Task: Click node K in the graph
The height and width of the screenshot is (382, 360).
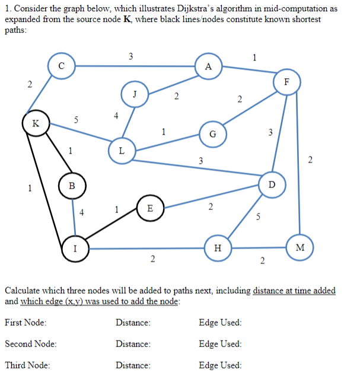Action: pyautogui.click(x=36, y=124)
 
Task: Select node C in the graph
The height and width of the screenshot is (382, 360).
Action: pyautogui.click(x=62, y=66)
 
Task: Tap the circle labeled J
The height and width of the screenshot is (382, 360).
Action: pyautogui.click(x=135, y=93)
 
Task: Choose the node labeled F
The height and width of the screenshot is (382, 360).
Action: pyautogui.click(x=286, y=82)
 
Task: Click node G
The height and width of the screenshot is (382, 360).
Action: pyautogui.click(x=212, y=133)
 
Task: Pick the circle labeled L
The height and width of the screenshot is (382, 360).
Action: pyautogui.click(x=121, y=151)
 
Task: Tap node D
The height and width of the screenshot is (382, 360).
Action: pyautogui.click(x=272, y=184)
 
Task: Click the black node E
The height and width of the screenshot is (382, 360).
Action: pyautogui.click(x=149, y=209)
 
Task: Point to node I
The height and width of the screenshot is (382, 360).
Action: pyautogui.click(x=75, y=249)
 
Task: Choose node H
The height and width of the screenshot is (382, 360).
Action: pyautogui.click(x=217, y=249)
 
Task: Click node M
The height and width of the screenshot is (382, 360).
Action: pyautogui.click(x=300, y=249)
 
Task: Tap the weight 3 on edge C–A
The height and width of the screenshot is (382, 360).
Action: pyautogui.click(x=130, y=56)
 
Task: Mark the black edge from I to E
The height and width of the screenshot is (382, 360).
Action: pyautogui.click(x=112, y=228)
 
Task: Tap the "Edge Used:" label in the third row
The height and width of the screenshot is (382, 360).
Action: pyautogui.click(x=221, y=365)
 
